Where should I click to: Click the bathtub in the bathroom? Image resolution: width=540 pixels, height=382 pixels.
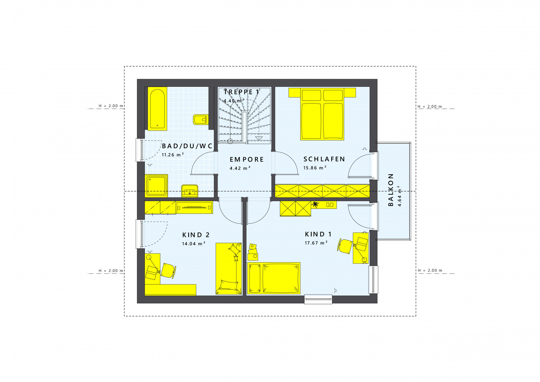pyautogui.click(x=157, y=109)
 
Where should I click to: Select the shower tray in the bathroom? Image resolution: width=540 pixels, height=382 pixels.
pyautogui.click(x=156, y=186)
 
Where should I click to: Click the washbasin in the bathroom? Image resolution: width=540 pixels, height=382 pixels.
pyautogui.click(x=190, y=191)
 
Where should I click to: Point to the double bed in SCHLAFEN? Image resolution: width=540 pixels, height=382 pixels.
pyautogui.click(x=322, y=114)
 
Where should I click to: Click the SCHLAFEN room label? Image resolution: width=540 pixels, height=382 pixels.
pyautogui.click(x=324, y=159)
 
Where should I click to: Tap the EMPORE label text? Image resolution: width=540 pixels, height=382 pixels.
pyautogui.click(x=247, y=159)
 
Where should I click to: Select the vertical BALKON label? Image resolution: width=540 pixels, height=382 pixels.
pyautogui.click(x=391, y=190)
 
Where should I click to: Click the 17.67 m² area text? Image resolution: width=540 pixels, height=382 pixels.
pyautogui.click(x=316, y=243)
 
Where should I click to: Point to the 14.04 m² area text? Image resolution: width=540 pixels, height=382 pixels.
pyautogui.click(x=193, y=244)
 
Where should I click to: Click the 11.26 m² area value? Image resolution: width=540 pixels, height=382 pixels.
pyautogui.click(x=173, y=155)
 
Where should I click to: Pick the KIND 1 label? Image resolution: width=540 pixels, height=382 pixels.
pyautogui.click(x=318, y=234)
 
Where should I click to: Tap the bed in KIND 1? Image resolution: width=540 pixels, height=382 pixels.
pyautogui.click(x=274, y=278)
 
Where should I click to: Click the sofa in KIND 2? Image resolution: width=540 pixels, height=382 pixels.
pyautogui.click(x=229, y=269)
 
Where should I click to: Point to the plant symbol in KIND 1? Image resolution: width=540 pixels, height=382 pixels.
pyautogui.click(x=315, y=205)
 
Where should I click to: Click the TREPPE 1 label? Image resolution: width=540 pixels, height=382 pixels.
pyautogui.click(x=241, y=92)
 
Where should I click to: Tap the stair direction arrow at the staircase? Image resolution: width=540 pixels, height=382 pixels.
pyautogui.click(x=259, y=138)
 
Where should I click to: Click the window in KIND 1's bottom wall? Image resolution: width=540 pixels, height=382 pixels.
pyautogui.click(x=318, y=299)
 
